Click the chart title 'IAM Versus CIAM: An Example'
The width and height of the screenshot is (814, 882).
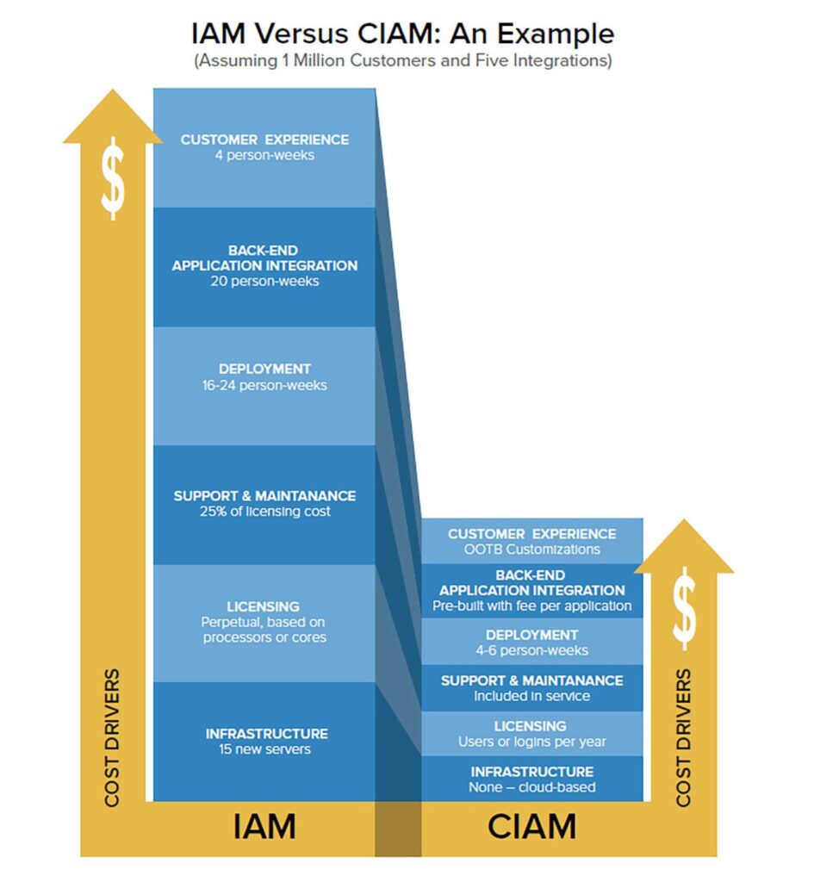[403, 34]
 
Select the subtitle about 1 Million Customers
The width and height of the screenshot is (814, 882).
[403, 62]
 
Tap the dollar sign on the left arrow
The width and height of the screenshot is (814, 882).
[113, 180]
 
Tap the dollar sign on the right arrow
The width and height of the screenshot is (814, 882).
[684, 608]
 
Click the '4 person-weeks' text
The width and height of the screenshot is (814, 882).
[264, 156]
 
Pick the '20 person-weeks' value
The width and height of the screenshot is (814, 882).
[264, 282]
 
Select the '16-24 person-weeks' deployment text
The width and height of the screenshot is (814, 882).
[264, 385]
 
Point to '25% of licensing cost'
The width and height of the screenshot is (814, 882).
[264, 512]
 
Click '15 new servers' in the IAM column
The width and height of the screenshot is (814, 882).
[264, 749]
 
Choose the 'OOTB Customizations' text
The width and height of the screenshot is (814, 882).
[531, 550]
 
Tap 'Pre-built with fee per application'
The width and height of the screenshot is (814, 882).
[531, 606]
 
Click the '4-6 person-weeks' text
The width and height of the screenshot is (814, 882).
[531, 650]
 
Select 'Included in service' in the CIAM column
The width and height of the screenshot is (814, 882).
[531, 696]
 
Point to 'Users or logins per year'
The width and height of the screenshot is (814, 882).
[531, 742]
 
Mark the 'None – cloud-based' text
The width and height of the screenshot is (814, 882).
[531, 787]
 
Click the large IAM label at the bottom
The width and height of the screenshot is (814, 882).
[264, 827]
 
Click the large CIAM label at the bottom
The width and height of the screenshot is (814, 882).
[531, 827]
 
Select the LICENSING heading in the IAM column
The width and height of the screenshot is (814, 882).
[264, 606]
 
